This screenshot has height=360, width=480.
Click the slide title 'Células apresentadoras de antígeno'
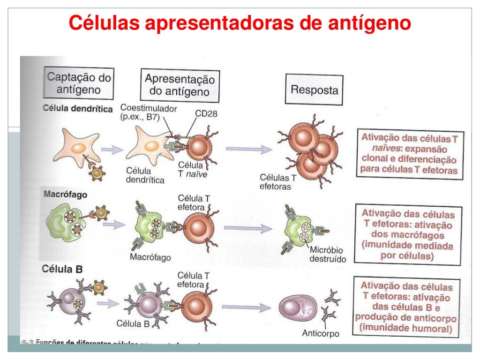point(240,22)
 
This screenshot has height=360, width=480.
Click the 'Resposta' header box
point(314,90)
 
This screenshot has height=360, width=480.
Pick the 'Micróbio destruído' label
point(327,254)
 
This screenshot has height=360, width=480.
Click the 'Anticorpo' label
point(320,334)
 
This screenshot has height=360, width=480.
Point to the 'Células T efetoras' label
point(278,182)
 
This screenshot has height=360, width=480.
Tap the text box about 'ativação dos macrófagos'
point(407,234)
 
